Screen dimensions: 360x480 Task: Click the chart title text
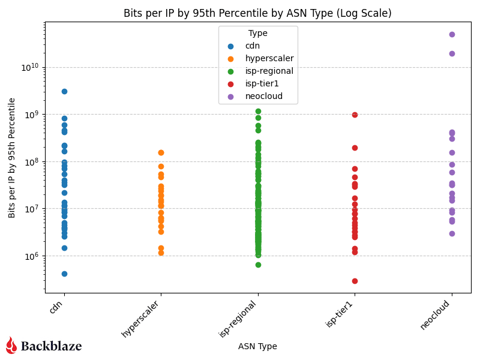click(x=257, y=13)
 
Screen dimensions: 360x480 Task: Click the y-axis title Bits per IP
click(x=12, y=157)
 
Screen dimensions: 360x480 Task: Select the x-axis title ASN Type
click(x=257, y=346)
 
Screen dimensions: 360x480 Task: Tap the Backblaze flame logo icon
click(x=11, y=345)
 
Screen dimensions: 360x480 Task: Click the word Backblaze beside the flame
click(x=51, y=346)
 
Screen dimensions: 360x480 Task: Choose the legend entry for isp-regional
click(x=269, y=71)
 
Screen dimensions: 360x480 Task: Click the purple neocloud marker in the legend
click(x=230, y=97)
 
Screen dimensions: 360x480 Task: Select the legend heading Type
click(x=257, y=34)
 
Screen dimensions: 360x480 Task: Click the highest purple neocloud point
click(x=452, y=34)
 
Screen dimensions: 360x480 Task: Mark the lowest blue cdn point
click(x=64, y=274)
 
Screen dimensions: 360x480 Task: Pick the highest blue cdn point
click(x=64, y=91)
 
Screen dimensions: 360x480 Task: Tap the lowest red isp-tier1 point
click(x=355, y=281)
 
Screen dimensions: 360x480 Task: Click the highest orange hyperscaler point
click(x=161, y=152)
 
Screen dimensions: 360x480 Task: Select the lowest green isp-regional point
click(x=258, y=265)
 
